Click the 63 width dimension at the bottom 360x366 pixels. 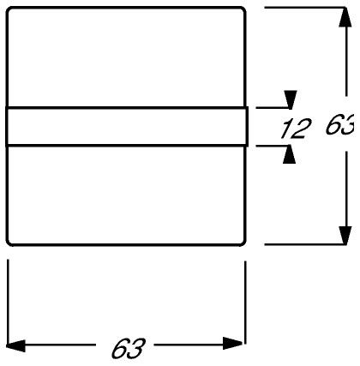click(129, 349)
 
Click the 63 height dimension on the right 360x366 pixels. click(340, 124)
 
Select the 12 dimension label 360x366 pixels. click(296, 129)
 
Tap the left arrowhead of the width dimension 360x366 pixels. click(15, 345)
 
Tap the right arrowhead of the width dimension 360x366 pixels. click(233, 344)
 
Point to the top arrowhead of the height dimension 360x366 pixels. click(345, 17)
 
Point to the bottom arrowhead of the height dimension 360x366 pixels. click(345, 236)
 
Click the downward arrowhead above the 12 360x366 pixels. click(291, 99)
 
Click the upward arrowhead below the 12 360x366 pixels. click(289, 154)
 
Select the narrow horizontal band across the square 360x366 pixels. click(127, 127)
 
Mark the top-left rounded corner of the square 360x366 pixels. click(9, 10)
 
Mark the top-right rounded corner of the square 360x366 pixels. click(243, 10)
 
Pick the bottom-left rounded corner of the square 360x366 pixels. click(9, 243)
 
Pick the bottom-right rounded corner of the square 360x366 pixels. click(243, 243)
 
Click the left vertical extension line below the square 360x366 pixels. click(8, 302)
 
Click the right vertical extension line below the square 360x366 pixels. click(245, 303)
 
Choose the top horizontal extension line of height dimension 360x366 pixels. click(305, 8)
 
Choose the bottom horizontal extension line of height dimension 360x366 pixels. click(305, 245)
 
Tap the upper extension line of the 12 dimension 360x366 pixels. click(273, 108)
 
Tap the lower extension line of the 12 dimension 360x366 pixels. click(273, 146)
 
